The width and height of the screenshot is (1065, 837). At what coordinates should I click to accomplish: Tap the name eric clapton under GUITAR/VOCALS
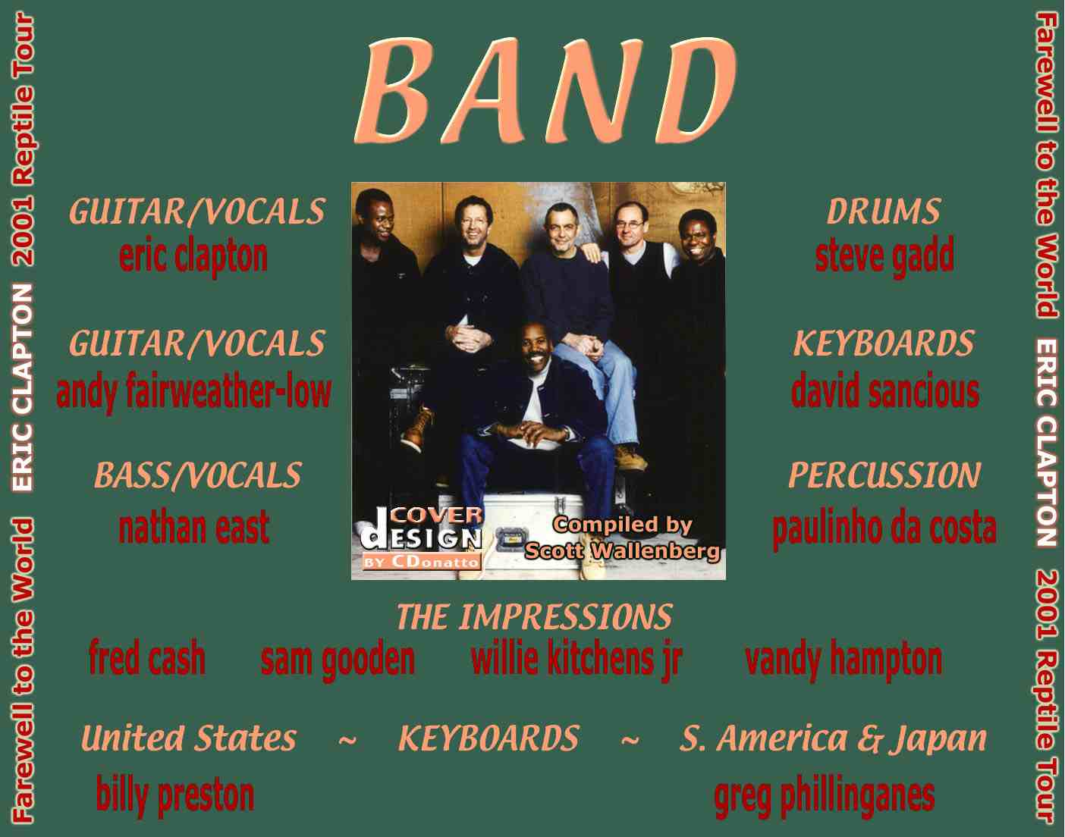(193, 257)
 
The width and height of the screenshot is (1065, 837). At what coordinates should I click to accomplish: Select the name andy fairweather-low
(194, 392)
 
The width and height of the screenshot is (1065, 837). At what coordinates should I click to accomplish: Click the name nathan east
(194, 528)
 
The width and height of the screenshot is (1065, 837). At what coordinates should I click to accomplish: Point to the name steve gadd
(884, 256)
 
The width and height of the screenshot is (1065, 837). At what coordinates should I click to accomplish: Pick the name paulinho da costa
(884, 528)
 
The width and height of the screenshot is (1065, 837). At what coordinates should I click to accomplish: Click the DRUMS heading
(884, 212)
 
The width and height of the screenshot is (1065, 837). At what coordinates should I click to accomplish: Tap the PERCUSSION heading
(884, 475)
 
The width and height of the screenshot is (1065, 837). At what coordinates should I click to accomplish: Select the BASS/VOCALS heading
(197, 475)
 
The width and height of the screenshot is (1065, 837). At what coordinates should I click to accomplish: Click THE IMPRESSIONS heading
(535, 617)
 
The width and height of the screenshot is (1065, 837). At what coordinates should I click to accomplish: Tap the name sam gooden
(338, 660)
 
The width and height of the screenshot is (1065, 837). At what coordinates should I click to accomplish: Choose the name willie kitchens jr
(576, 660)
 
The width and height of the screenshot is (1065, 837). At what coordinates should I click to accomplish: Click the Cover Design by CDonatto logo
(421, 538)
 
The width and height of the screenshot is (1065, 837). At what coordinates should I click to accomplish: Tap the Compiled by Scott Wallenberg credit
(622, 538)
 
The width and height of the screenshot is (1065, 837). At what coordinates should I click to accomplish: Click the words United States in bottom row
(189, 738)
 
